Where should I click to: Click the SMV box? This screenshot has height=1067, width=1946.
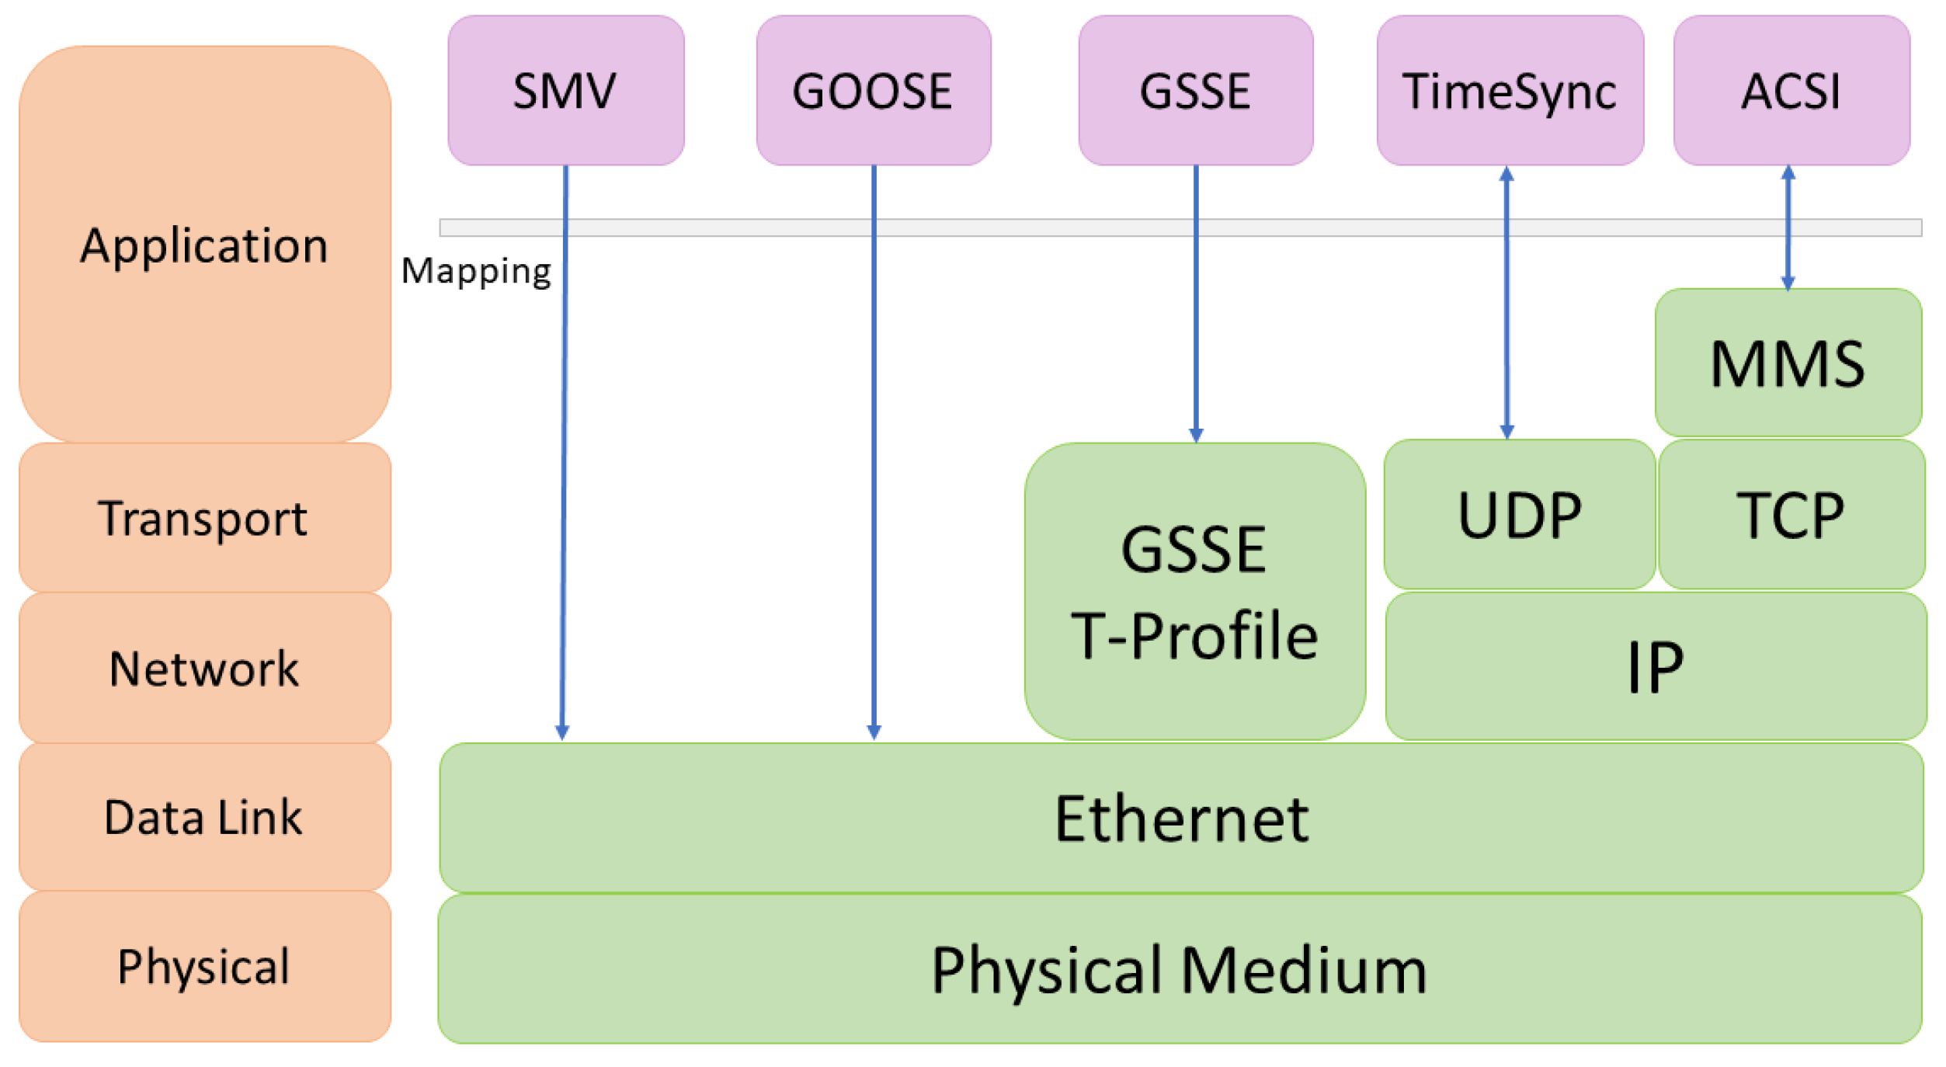565,90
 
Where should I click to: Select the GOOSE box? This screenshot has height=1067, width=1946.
873,90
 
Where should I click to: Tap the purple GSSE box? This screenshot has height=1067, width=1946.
1195,90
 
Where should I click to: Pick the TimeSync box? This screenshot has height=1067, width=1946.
1510,90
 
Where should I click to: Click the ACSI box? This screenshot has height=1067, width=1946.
1791,90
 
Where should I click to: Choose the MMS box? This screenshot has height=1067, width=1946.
1788,363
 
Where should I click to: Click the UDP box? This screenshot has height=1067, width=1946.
1519,514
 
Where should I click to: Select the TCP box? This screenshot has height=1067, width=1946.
1791,514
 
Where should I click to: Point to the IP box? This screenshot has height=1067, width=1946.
1655,666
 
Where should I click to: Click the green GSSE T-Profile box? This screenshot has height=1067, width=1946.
1194,592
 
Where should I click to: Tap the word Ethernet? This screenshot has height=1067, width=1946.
1181,818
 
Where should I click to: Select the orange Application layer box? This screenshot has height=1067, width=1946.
204,245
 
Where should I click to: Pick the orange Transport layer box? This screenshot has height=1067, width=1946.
204,517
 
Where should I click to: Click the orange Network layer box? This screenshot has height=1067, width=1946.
204,668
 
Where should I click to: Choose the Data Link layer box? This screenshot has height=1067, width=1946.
204,817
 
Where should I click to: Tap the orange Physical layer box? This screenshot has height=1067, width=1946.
204,966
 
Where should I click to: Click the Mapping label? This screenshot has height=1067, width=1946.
476,271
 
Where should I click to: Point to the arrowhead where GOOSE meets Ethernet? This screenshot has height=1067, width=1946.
874,732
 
